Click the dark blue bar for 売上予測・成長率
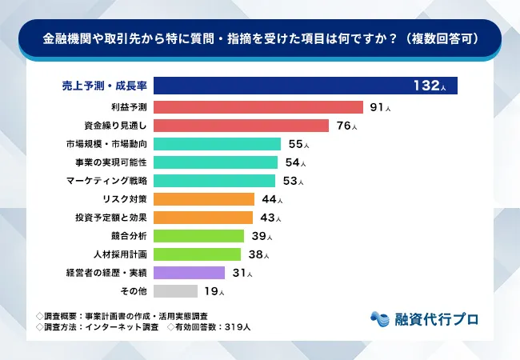pyautogui.click(x=305, y=85)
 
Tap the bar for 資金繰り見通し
pyautogui.click(x=241, y=126)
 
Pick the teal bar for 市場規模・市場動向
pyautogui.click(x=217, y=144)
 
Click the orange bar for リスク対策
pyautogui.click(x=204, y=199)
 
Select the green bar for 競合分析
pyautogui.click(x=198, y=236)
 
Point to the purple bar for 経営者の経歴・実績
pyautogui.click(x=189, y=273)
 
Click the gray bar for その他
pyautogui.click(x=175, y=291)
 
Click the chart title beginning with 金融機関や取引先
pyautogui.click(x=260, y=38)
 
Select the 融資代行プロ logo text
pyautogui.click(x=437, y=318)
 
